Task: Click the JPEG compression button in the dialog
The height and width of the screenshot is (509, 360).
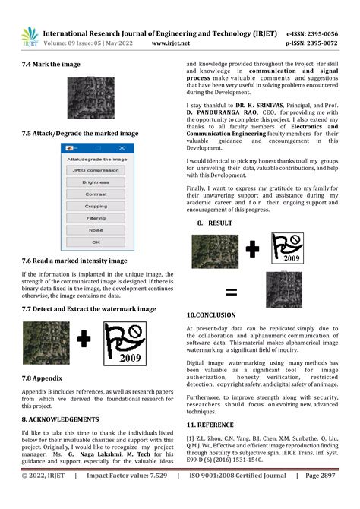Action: click(x=96, y=170)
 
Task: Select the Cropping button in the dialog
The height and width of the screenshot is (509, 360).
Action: click(x=96, y=206)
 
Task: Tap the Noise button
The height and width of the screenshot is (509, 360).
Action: click(x=96, y=229)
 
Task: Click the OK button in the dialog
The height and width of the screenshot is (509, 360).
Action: click(x=96, y=242)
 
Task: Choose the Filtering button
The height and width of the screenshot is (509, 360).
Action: click(x=96, y=218)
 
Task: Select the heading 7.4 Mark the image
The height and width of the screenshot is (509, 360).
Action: click(x=51, y=65)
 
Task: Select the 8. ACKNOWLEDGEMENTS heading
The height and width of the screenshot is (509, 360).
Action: click(x=60, y=419)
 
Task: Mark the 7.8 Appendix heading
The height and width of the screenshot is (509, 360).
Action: click(x=42, y=378)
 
